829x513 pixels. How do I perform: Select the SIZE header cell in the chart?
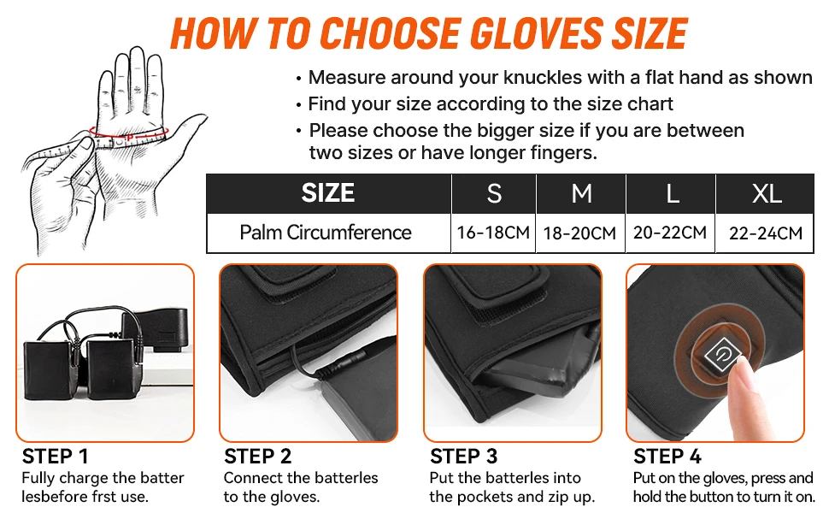click(327, 193)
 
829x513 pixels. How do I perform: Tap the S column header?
click(494, 194)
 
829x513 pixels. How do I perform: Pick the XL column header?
click(767, 194)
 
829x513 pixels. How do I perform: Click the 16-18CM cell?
click(493, 233)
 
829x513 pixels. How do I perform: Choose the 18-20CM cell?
click(581, 233)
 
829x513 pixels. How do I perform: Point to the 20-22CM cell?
click(671, 233)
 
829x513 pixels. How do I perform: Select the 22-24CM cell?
click(766, 233)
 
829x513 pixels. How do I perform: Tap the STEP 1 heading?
click(55, 457)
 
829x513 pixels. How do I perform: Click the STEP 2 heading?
click(257, 457)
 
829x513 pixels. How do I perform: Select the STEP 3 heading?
click(464, 457)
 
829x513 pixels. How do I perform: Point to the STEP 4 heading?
click(667, 457)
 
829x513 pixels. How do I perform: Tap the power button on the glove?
click(716, 351)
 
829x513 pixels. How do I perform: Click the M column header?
click(581, 194)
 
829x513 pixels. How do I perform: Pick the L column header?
click(673, 194)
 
